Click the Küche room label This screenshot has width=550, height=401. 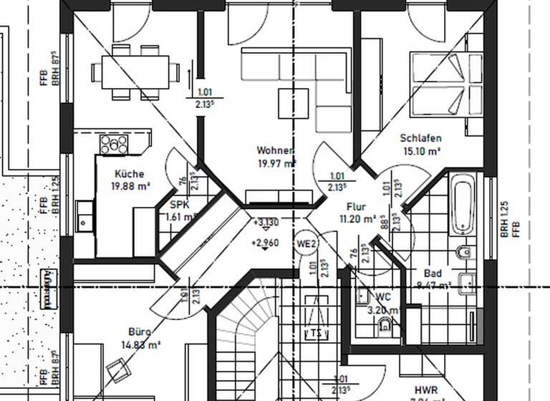coord(129,174)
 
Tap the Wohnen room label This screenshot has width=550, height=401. coord(275,151)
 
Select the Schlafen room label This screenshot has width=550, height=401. coord(420,138)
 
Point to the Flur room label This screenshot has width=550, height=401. coord(356,206)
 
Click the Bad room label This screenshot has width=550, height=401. coord(433,274)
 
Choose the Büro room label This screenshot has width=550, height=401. coord(140,332)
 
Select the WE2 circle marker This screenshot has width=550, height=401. coord(307,244)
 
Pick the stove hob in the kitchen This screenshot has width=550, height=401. coord(113,145)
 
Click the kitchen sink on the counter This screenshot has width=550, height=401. coord(85,216)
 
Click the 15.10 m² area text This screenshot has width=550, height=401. coord(420,151)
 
